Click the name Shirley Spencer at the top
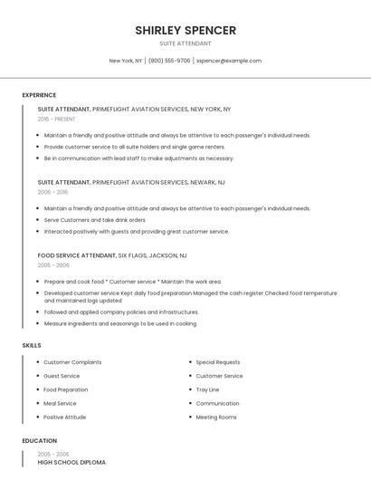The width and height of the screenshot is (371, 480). tap(185, 30)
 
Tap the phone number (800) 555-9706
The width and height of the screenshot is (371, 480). tap(169, 61)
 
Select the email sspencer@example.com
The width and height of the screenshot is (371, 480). tap(229, 61)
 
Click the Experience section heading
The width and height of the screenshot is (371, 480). tap(39, 95)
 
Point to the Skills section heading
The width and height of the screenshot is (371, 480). tap(32, 345)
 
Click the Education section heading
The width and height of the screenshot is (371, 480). tap(39, 440)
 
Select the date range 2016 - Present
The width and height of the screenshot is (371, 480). tap(57, 119)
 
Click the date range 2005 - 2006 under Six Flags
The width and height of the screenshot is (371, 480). tap(53, 265)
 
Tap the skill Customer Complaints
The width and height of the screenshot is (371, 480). tap(72, 362)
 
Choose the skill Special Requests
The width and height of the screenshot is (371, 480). tap(218, 362)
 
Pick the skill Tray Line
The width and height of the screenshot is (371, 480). tap(208, 389)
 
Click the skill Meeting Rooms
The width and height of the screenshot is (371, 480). tap(216, 417)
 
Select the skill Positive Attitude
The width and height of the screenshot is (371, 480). tap(65, 417)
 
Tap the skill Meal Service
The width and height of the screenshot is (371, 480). tap(60, 403)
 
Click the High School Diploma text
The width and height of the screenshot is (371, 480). tap(71, 462)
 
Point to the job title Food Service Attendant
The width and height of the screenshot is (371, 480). tap(77, 255)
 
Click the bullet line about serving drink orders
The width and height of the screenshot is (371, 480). tap(94, 219)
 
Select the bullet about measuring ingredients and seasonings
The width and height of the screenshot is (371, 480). tap(119, 323)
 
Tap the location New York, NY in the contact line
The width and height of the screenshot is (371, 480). tap(126, 61)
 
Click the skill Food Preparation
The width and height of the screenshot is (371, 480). tap(66, 389)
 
